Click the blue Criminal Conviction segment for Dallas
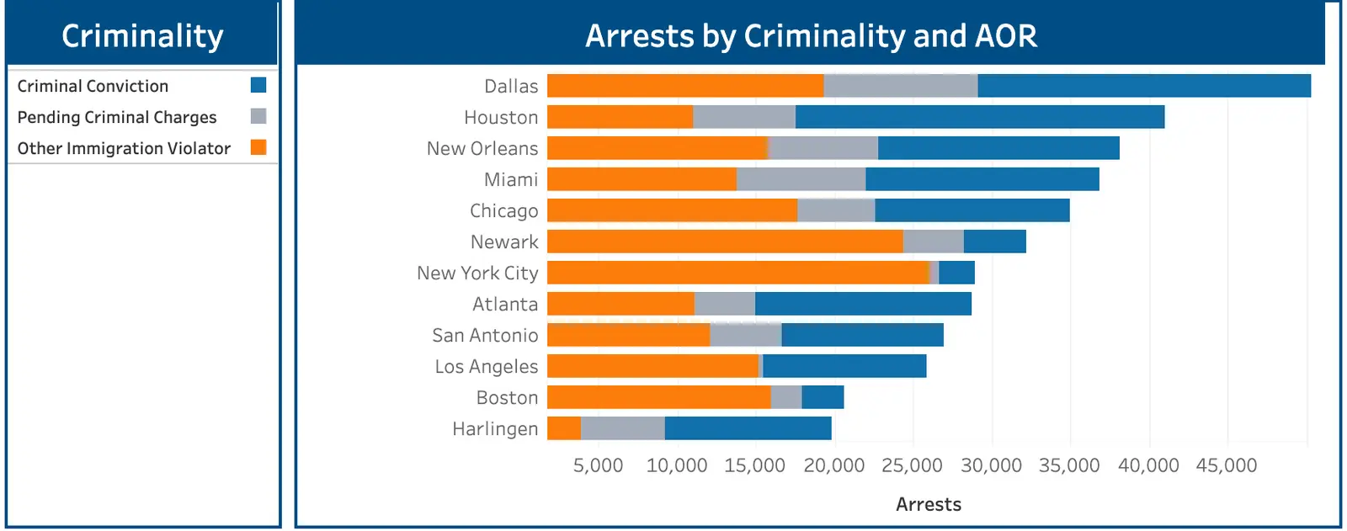coord(1143,86)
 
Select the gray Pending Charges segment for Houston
coord(743,117)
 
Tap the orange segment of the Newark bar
coord(724,242)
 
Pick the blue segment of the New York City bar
coord(956,273)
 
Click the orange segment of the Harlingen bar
coord(564,428)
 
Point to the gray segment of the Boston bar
coord(785,397)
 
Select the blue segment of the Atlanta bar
coord(863,304)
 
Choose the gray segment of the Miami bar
coord(801,179)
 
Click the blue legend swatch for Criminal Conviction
coord(258,85)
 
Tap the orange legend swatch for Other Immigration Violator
coord(258,147)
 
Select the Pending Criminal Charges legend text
coord(117,117)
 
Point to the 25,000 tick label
coord(912,465)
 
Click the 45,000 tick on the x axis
coord(1226,465)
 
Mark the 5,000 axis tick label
coord(598,465)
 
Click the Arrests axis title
coord(928,504)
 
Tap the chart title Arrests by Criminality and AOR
coord(811,36)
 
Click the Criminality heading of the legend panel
coord(142,36)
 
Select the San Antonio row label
coord(485,335)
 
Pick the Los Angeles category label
coord(486,366)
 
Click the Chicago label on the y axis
coord(503,210)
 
